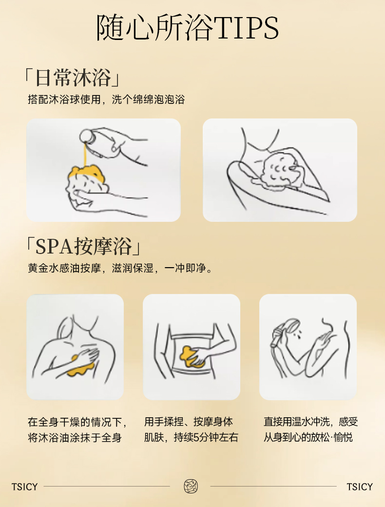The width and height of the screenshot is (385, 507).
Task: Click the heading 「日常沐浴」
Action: tap(73, 78)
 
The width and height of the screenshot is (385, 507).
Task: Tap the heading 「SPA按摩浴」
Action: tap(83, 246)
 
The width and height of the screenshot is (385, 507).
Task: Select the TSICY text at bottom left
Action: tap(24, 487)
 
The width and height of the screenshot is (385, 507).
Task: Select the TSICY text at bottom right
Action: tap(360, 487)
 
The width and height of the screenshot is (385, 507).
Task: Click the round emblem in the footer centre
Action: tap(191, 487)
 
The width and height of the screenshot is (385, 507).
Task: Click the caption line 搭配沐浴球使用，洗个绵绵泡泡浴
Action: tap(106, 99)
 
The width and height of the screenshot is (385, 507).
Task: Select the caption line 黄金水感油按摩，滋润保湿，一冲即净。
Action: tap(120, 268)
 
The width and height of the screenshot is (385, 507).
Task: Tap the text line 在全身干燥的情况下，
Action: tap(77, 422)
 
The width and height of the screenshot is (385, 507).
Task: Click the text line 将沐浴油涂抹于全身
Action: tap(75, 438)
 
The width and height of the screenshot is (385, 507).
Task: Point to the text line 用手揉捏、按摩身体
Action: tap(189, 422)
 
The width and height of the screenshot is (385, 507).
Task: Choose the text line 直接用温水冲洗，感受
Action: tap(310, 422)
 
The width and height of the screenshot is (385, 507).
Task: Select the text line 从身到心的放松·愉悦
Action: tap(308, 437)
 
